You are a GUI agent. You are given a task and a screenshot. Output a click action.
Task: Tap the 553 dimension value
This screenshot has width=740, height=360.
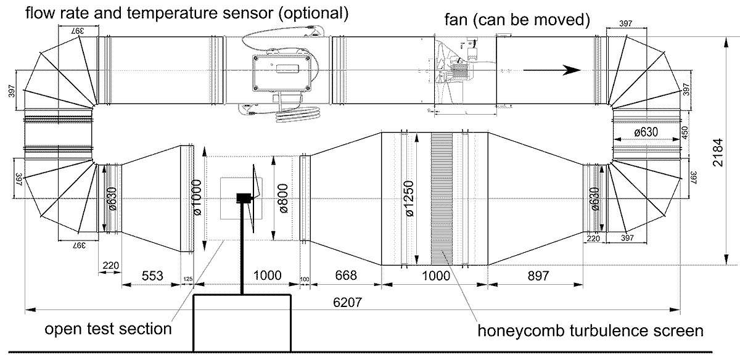(x=152, y=276)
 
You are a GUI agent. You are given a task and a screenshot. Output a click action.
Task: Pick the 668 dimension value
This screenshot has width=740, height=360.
(x=345, y=276)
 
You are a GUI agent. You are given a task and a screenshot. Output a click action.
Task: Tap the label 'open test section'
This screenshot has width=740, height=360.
(x=108, y=329)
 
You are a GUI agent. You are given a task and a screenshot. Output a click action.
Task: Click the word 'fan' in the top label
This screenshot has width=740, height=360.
(x=456, y=20)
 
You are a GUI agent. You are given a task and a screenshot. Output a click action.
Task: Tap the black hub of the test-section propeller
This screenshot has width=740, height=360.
(x=243, y=198)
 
